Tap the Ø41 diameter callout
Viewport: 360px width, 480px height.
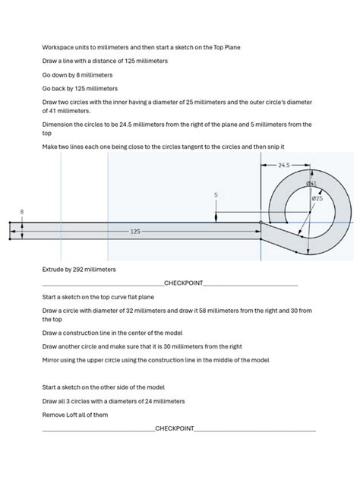coord(311,184)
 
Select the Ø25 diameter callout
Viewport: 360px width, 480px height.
coord(317,198)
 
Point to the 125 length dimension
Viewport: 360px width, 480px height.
coord(135,231)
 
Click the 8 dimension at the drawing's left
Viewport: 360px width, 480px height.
coord(21,211)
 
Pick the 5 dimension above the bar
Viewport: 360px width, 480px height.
coord(216,195)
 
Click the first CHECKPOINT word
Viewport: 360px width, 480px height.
coord(184,283)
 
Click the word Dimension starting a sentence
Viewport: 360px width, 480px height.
coord(58,124)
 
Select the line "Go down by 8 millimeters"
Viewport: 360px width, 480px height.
coord(77,75)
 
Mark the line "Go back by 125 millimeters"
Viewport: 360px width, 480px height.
coord(80,89)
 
